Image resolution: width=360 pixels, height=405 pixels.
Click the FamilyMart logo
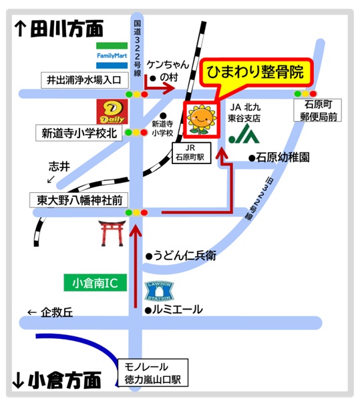[112, 52]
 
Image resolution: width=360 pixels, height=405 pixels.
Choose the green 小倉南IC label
[95, 283]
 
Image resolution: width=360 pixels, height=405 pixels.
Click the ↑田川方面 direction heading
[59, 29]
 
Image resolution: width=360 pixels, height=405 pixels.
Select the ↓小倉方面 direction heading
[57, 381]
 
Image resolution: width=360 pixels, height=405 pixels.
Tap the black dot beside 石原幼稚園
[252, 158]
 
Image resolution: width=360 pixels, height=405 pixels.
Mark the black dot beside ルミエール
[148, 310]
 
